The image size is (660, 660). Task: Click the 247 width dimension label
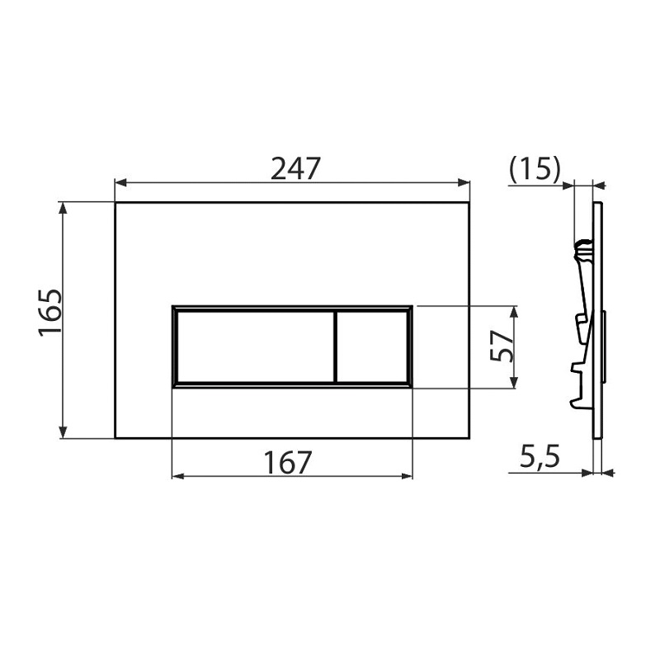pyautogui.click(x=295, y=168)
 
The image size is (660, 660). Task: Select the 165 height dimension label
pyautogui.click(x=50, y=312)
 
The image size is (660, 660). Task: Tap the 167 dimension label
pyautogui.click(x=287, y=462)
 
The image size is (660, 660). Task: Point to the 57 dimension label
pyautogui.click(x=502, y=346)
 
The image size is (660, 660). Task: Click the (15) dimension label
pyautogui.click(x=535, y=170)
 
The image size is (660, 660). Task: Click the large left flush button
pyautogui.click(x=256, y=347)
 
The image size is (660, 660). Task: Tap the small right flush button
pyautogui.click(x=372, y=347)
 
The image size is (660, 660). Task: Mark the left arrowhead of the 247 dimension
pyautogui.click(x=120, y=182)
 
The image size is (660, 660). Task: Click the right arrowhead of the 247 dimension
pyautogui.click(x=464, y=182)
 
